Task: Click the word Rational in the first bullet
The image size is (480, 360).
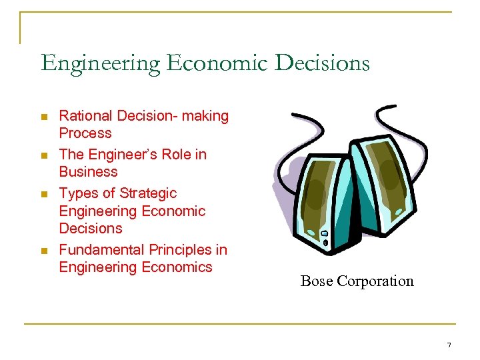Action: click(85, 116)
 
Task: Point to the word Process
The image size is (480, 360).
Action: click(85, 133)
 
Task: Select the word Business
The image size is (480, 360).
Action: click(88, 171)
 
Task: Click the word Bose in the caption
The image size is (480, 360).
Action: click(317, 281)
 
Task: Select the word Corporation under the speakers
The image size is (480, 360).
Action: click(375, 281)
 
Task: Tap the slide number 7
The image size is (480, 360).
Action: click(449, 345)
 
